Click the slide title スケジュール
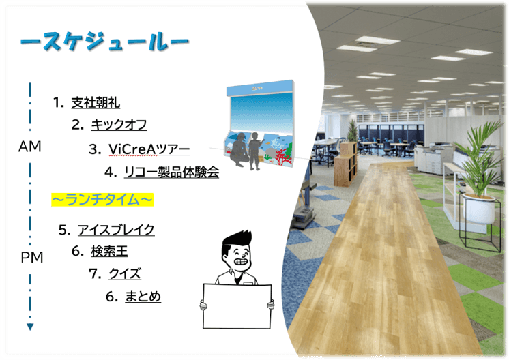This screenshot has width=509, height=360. tap(104, 42)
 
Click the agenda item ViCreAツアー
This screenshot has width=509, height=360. tap(149, 149)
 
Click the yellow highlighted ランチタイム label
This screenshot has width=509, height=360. tap(102, 199)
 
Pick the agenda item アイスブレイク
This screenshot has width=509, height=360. tap(116, 229)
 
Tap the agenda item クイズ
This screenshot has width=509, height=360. tap(124, 273)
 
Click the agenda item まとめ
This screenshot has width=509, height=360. tap(142, 296)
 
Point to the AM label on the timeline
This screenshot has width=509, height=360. tap(30, 147)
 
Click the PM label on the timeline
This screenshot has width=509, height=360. tap(31, 257)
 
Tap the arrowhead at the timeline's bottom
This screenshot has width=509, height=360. tap(30, 327)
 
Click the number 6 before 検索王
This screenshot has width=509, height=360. tap(76, 251)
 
